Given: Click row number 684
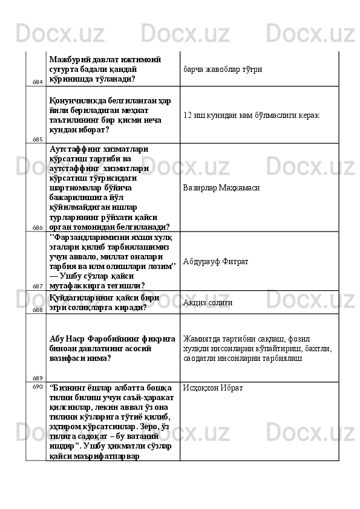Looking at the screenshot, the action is tap(38, 81).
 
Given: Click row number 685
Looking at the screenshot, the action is tap(38, 138).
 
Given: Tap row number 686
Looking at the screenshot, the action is tap(38, 227).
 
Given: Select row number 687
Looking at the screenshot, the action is tap(38, 286).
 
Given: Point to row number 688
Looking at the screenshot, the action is tap(38, 309).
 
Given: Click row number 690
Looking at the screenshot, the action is tap(38, 386).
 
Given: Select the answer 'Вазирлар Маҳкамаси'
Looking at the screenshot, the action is tap(221, 188).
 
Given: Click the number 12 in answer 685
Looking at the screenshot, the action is tap(188, 115).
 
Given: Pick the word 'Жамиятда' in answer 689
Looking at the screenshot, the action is tap(202, 339).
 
